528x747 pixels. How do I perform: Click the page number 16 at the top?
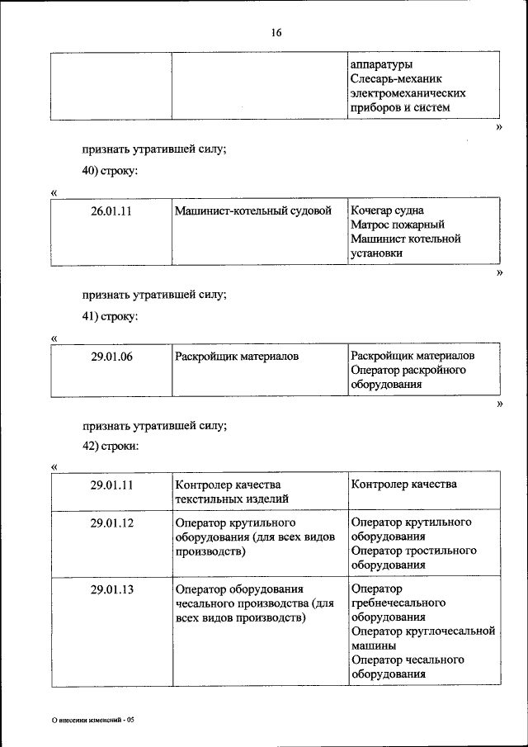coord(276,33)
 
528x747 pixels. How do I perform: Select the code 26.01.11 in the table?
coord(111,210)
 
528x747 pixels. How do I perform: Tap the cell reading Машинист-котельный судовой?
coord(257,210)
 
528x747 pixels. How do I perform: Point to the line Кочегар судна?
coord(388,210)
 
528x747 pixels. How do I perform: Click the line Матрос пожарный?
coord(398,225)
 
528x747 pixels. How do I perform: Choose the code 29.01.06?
coord(111,357)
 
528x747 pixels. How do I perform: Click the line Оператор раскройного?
coord(408,370)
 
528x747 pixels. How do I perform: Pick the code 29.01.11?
coord(111,485)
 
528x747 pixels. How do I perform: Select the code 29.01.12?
coord(111,523)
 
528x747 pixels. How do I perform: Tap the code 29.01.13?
coord(111,589)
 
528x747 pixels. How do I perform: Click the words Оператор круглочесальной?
coord(422,631)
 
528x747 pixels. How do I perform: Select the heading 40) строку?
coord(110,171)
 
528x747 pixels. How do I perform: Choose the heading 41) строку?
coord(110,316)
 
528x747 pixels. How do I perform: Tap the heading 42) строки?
coord(111,446)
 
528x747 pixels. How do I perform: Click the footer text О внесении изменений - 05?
coord(92,720)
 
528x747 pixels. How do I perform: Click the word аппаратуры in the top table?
coord(381,64)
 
